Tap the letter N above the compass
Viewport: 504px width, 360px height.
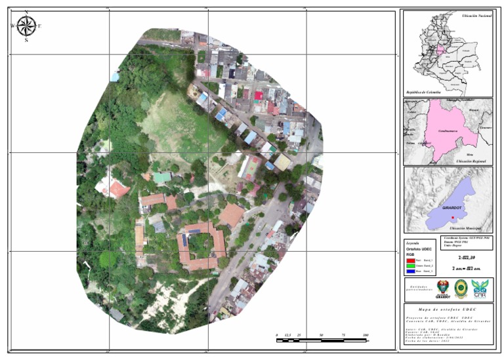pos(26,12)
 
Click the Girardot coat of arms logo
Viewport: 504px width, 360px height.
pos(443,287)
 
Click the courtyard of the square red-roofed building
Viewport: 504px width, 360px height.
pos(201,245)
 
